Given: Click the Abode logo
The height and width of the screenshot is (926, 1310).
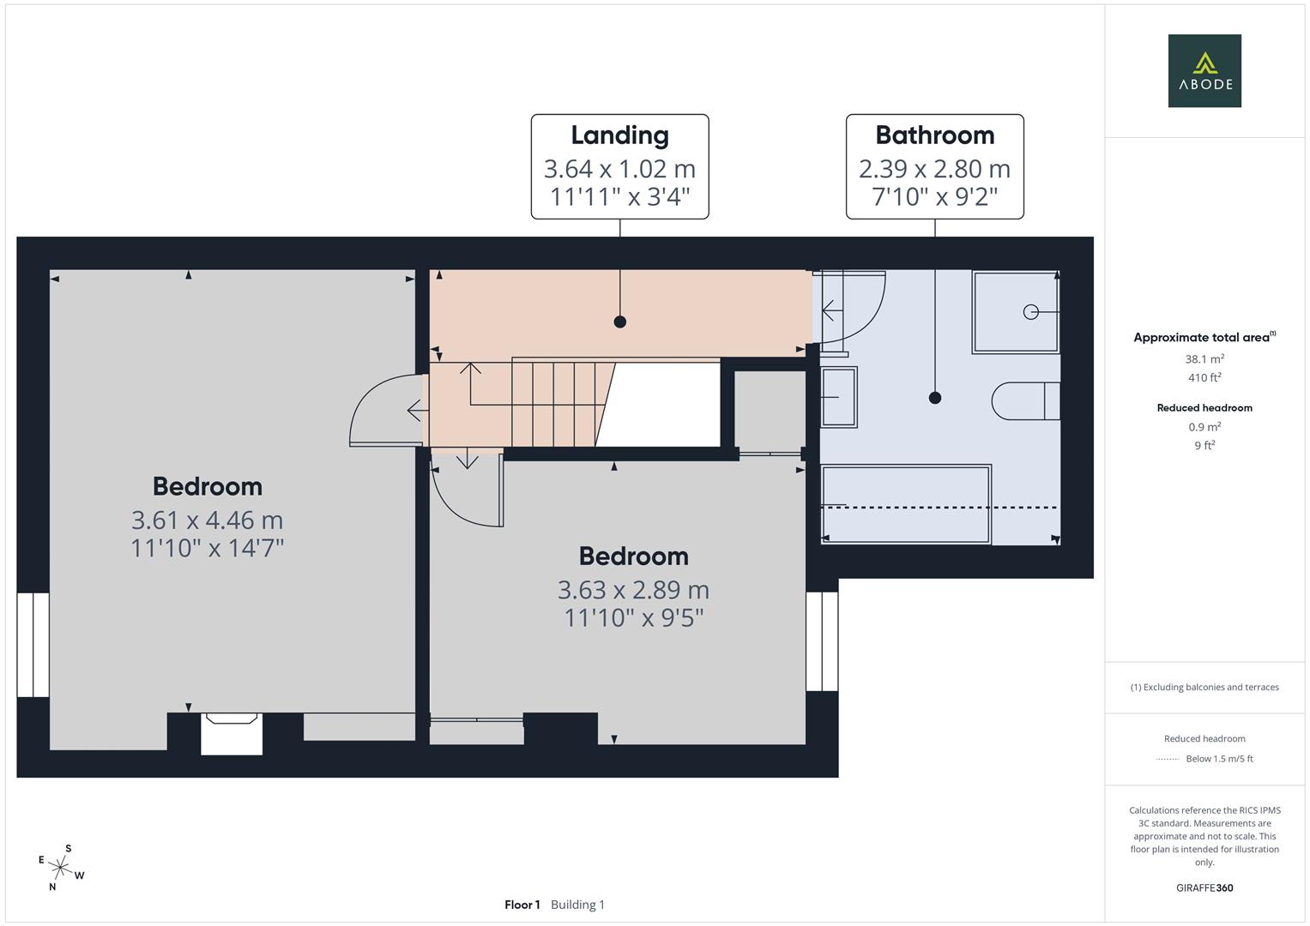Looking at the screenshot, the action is point(1204,70).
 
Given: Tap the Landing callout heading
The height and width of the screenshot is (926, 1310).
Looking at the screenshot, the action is point(620,135).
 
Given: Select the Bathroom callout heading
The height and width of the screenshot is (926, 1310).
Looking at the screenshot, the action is point(934,135).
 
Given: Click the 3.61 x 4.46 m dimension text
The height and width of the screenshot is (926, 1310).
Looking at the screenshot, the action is point(207,520).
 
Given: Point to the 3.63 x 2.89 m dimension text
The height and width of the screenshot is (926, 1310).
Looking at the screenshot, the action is point(633,589).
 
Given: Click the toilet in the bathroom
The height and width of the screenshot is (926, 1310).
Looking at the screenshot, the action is point(1026,401).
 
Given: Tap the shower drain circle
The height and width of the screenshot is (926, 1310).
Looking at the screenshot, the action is point(1030,312).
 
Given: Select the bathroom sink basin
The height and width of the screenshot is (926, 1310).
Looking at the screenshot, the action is point(839,397).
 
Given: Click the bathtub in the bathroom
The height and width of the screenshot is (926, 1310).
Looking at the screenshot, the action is point(906,504).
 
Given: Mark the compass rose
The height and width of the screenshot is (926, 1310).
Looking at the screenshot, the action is point(60,868).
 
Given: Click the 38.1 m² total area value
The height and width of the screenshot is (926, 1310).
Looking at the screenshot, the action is point(1204,359).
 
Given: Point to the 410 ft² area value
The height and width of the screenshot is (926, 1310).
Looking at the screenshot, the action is point(1204,377).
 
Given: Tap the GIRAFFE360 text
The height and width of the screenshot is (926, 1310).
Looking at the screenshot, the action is point(1204,887).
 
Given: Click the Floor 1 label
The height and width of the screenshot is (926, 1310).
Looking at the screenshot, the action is point(522,905).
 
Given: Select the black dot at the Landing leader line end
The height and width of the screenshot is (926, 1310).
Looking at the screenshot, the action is point(620,322).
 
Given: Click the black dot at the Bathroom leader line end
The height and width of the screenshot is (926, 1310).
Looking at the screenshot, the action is point(934,398).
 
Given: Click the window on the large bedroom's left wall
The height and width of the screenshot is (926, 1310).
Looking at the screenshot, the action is point(33,645).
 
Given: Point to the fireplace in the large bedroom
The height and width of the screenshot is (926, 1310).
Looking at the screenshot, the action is point(232,734).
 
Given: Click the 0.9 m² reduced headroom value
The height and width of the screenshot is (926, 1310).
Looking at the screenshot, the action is point(1204,427).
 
